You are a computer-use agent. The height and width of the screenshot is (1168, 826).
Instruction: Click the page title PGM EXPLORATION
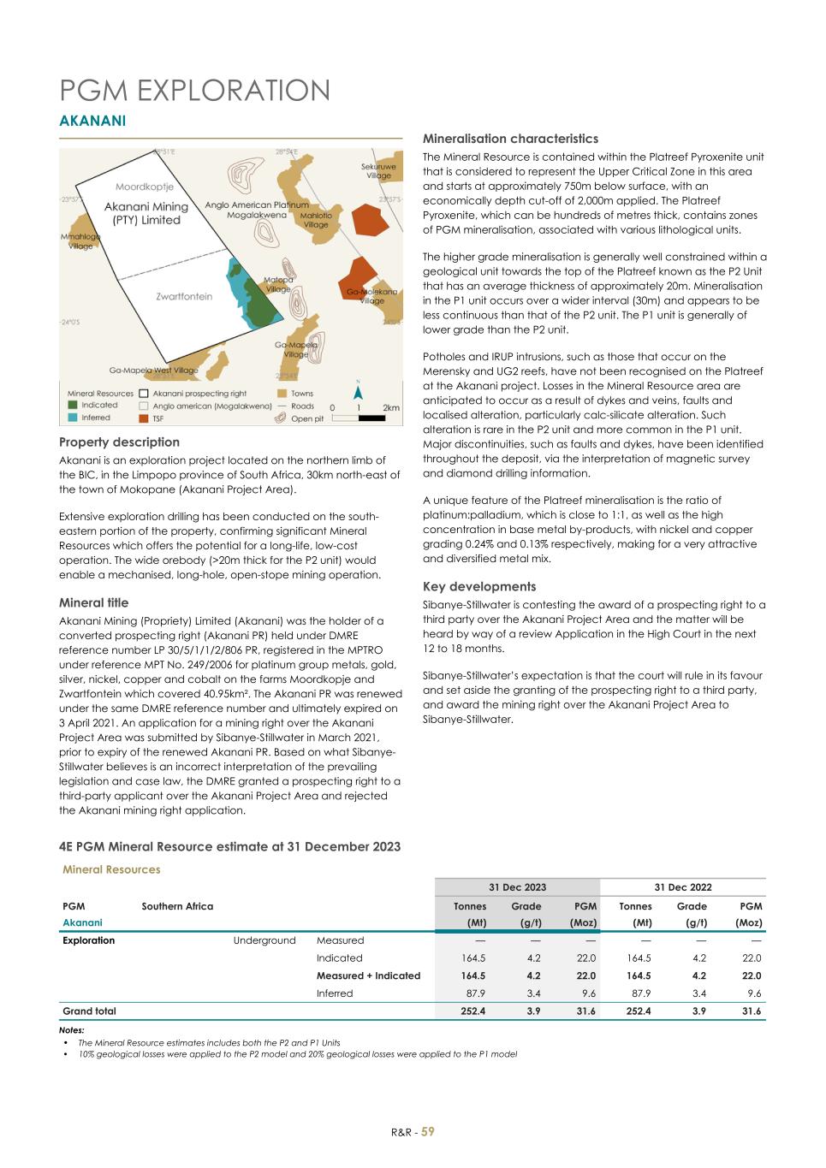click(194, 91)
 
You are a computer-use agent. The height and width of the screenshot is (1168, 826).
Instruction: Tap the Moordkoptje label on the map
click(145, 186)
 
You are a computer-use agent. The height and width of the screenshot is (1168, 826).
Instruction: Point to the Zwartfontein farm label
click(184, 296)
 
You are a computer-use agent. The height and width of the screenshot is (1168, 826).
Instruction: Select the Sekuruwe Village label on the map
click(378, 171)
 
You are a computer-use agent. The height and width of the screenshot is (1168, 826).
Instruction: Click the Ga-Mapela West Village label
click(153, 371)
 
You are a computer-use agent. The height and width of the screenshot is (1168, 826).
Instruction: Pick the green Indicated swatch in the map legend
click(74, 406)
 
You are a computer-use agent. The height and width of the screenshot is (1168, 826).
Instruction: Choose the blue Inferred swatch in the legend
click(74, 418)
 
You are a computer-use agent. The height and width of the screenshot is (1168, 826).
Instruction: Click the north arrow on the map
click(360, 394)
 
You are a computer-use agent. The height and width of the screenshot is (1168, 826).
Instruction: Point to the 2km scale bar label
click(390, 407)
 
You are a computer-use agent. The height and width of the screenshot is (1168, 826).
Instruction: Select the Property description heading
click(119, 442)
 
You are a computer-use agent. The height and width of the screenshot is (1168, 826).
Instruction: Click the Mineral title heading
click(93, 603)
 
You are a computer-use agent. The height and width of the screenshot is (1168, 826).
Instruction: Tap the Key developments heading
click(479, 587)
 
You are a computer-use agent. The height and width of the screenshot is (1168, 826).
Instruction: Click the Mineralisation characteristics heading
click(510, 139)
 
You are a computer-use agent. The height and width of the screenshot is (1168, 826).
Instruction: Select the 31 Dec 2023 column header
click(517, 887)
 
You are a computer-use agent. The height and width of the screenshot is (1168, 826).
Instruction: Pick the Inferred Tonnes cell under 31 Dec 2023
click(473, 993)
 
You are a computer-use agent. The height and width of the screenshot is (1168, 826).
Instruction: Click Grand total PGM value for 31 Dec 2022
click(749, 1011)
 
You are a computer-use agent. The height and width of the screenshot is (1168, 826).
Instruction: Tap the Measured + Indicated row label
click(368, 975)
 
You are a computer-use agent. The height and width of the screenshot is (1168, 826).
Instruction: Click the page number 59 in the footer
click(427, 1131)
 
